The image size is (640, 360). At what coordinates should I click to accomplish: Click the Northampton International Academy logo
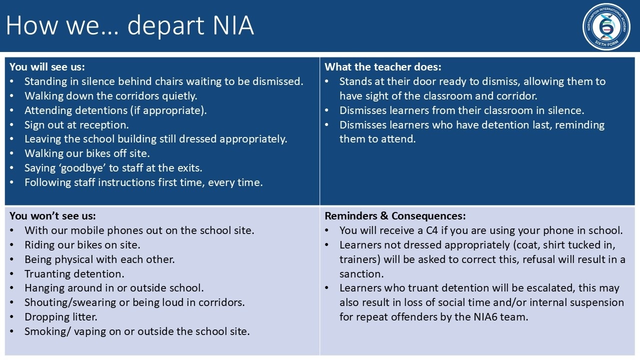point(606,27)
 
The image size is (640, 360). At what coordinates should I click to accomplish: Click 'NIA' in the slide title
point(233,25)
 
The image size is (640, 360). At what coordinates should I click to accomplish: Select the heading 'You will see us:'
point(47,67)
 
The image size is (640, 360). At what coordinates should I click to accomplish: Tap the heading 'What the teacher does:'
point(383,67)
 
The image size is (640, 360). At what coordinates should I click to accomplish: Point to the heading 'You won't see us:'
point(52,215)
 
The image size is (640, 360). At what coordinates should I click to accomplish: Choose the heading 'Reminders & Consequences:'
point(395,215)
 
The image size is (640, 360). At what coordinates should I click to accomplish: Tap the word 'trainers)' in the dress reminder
point(360,259)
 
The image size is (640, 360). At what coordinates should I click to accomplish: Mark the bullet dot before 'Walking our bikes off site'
point(11,153)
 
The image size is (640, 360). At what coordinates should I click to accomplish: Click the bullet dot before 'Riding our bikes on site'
point(11,245)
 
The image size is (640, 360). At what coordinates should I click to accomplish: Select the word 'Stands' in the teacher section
point(354,81)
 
